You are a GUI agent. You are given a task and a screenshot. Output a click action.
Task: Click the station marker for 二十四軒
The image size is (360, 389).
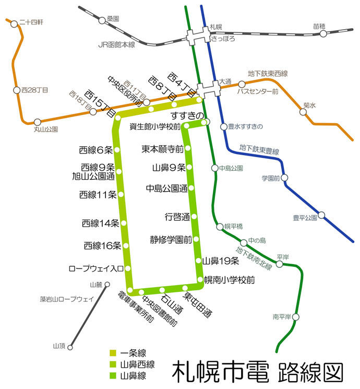click(9, 22)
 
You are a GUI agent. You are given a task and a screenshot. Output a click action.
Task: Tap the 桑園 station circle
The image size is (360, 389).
click(102, 21)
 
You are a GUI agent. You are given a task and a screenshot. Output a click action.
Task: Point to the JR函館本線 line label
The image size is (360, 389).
click(116, 45)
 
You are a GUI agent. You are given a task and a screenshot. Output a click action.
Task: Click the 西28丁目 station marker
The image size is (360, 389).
click(16, 90)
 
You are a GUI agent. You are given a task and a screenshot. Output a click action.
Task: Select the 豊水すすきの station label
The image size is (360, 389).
click(245, 126)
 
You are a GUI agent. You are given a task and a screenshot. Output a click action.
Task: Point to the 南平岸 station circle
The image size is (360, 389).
click(296, 317)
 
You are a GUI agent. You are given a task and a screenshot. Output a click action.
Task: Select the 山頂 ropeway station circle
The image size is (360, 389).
click(70, 346)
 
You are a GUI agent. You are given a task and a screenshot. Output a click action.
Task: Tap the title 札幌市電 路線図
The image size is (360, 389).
click(258, 371)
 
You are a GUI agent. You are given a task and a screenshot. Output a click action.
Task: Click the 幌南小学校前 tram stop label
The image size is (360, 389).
click(229, 280)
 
